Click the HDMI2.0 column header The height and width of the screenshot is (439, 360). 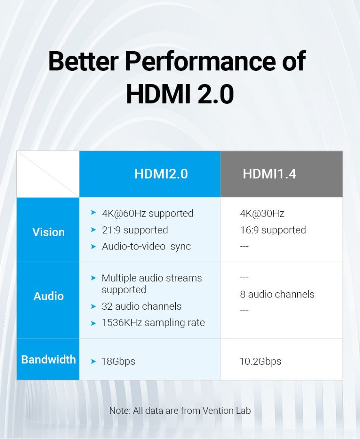click(x=161, y=174)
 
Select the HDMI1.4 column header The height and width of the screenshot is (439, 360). click(x=270, y=174)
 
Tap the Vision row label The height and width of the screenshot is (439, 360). click(x=48, y=232)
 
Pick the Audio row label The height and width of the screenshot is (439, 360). click(x=48, y=296)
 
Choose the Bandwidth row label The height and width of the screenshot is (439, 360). click(x=48, y=359)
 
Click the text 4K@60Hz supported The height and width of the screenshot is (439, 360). click(x=148, y=213)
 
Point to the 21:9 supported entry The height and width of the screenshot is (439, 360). click(x=135, y=230)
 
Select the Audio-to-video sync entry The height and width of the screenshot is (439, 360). click(x=146, y=246)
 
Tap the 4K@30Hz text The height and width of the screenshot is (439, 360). click(x=262, y=213)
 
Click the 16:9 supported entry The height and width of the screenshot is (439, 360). click(x=273, y=230)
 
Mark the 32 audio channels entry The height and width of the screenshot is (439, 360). click(x=142, y=306)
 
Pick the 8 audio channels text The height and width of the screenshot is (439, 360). click(x=277, y=294)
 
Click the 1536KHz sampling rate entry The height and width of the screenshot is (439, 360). click(x=153, y=322)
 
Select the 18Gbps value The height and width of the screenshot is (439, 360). click(x=118, y=361)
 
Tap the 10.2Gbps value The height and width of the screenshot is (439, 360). click(x=261, y=361)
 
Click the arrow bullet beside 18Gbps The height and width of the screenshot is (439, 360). click(x=94, y=361)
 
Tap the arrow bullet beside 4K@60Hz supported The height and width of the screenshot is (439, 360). click(x=94, y=213)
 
